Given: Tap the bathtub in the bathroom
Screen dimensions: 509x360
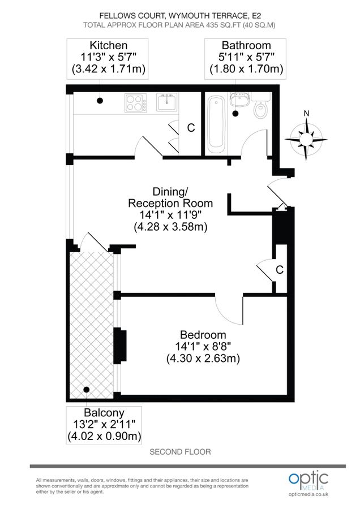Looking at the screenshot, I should [216, 125].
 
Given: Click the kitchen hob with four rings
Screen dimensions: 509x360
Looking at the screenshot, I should [135, 103].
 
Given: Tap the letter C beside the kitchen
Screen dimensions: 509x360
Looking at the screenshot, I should [191, 128].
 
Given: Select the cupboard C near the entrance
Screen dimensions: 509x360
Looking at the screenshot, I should [279, 270].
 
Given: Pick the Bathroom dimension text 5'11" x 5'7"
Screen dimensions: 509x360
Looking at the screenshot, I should [246, 57].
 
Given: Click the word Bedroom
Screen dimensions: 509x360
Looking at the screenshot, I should [203, 334].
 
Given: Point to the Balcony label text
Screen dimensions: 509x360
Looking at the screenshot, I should [105, 412].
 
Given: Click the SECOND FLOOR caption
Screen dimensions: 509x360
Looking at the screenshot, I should [180, 452].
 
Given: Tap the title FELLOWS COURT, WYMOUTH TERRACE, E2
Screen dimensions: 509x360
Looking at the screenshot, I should [180, 16].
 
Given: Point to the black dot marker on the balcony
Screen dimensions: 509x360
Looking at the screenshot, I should [86, 389].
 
